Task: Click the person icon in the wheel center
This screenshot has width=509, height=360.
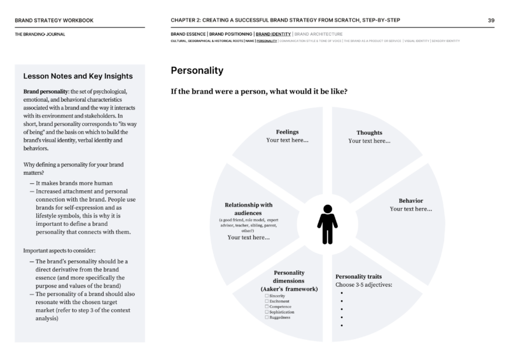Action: [327, 224]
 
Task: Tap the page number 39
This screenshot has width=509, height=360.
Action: [491, 20]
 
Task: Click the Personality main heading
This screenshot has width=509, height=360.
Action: [197, 70]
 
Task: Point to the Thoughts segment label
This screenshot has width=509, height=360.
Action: [369, 133]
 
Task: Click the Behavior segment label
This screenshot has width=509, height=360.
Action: [410, 200]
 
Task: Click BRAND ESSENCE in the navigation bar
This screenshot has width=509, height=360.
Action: [188, 34]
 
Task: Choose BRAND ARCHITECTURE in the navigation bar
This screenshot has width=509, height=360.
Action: [319, 34]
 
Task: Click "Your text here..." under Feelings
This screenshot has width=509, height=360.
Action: [287, 140]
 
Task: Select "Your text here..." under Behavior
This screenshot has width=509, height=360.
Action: [410, 209]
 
